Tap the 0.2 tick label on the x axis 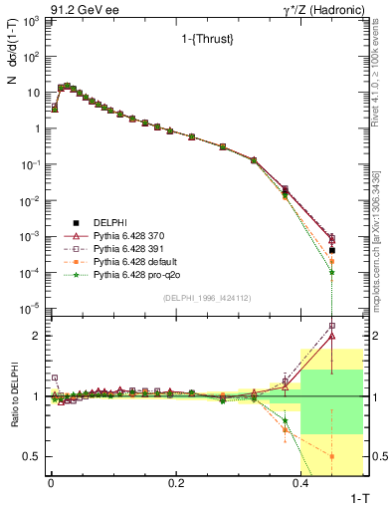[x=176, y=482]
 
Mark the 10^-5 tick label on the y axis [x=31, y=309]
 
